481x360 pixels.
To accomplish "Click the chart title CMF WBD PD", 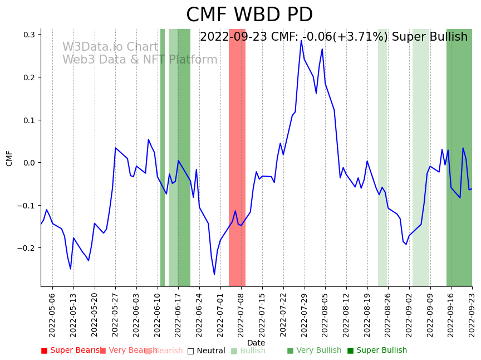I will tap(249, 15).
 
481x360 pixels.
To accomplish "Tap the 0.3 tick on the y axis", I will tap(30, 35).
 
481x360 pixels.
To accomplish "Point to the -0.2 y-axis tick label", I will tap(27, 248).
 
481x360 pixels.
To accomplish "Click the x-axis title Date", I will tap(256, 343).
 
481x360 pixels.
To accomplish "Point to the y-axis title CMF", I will tap(9, 158).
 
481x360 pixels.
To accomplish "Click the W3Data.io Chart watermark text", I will tap(110, 47).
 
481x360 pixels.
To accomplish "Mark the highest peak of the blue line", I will tap(301, 40).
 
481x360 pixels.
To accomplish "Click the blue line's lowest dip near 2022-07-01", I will tap(214, 274).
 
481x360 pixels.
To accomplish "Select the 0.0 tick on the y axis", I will tap(30, 163).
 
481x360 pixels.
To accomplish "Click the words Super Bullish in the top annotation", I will tap(430, 37).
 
